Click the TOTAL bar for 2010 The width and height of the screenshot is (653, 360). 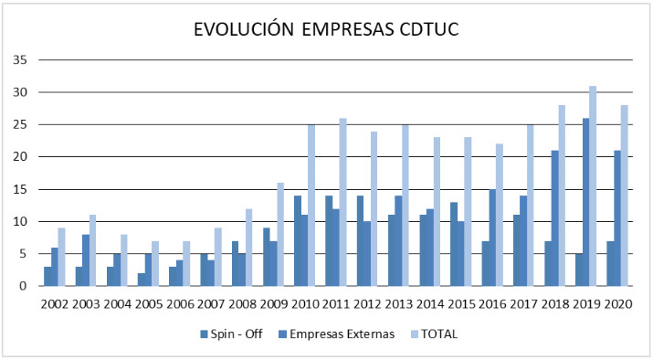[311, 206]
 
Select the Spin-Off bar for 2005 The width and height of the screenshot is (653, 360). [140, 280]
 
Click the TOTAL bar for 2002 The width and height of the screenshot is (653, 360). [62, 257]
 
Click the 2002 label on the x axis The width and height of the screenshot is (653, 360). [53, 303]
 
